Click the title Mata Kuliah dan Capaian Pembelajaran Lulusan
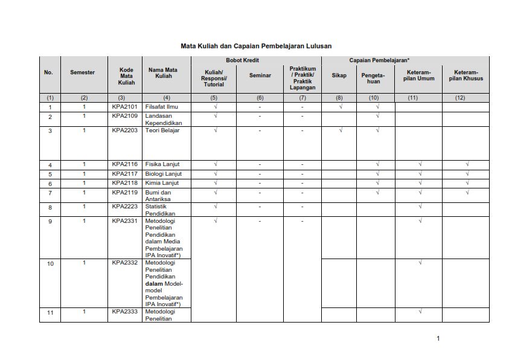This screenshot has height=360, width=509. [256, 46]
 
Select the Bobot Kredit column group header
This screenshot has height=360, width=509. [243, 60]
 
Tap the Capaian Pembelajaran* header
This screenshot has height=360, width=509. [379, 60]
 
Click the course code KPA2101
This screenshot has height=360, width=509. [125, 106]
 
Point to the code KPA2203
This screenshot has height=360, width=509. [125, 130]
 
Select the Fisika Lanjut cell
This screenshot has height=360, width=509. [162, 164]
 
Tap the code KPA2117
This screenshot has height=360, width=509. [125, 174]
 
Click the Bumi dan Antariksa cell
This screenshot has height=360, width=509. [159, 196]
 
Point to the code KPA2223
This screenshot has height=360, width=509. [125, 206]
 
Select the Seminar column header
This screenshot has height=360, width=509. [260, 76]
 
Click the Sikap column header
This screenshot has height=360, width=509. [339, 76]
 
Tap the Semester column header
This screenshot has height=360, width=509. [83, 72]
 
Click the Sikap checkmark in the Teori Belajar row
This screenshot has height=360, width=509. [341, 130]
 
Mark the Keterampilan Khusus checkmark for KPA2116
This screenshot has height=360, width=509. [467, 164]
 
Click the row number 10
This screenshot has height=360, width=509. [50, 264]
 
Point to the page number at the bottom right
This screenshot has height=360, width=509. [438, 338]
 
